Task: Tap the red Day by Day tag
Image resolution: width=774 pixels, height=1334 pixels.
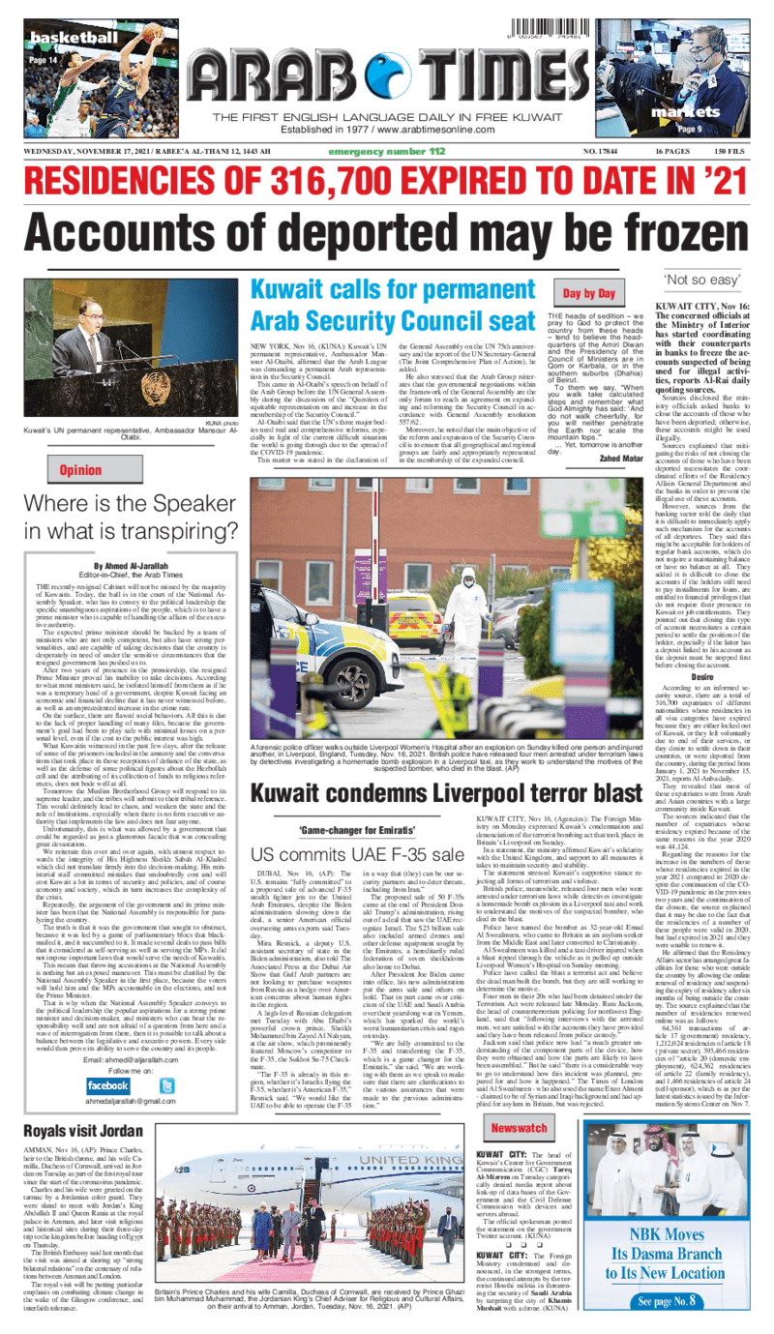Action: (591, 292)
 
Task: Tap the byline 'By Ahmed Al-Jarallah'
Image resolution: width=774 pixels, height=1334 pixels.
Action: (134, 565)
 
